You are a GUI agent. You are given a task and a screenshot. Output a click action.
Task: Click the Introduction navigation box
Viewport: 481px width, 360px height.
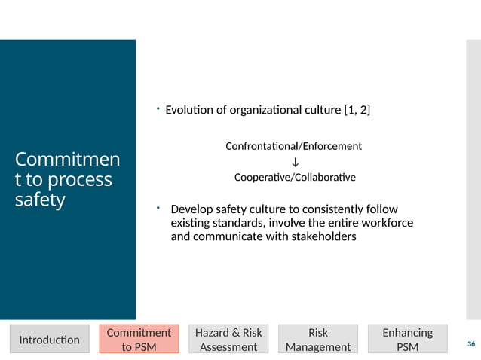[49, 340]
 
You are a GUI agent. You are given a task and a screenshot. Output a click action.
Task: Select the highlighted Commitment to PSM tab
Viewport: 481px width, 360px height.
[139, 340]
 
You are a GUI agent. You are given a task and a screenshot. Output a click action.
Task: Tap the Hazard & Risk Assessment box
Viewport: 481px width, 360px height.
[228, 340]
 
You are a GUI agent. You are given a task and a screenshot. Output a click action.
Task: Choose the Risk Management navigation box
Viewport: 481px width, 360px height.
[318, 340]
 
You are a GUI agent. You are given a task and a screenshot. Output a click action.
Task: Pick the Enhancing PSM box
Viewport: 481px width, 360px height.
[407, 340]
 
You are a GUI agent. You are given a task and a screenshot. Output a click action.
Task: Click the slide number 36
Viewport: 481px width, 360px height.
[471, 344]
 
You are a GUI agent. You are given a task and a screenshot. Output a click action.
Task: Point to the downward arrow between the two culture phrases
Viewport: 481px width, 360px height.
[295, 162]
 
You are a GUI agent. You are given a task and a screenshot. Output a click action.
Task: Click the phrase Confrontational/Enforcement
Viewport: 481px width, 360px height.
[294, 145]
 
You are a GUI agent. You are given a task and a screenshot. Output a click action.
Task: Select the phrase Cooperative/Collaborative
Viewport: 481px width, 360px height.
[295, 178]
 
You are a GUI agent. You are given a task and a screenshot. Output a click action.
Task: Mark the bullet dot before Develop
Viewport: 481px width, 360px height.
[158, 206]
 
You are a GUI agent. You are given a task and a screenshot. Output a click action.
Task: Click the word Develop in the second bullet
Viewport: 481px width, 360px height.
[191, 209]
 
